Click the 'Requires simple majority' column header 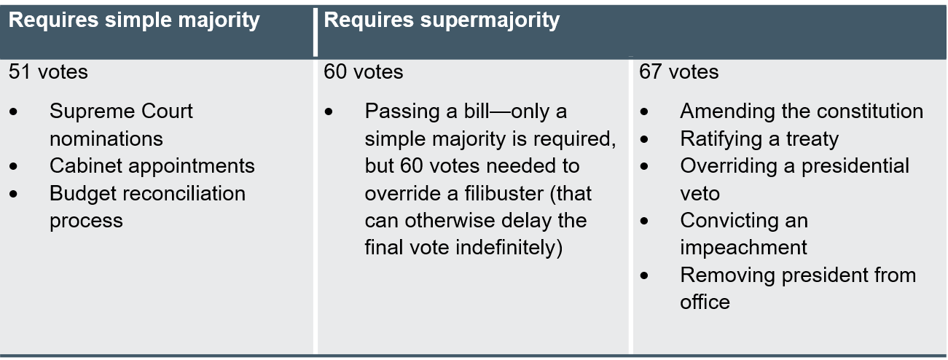click(134, 20)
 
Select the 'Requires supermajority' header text click(442, 20)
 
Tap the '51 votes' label click(48, 71)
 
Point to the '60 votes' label click(363, 71)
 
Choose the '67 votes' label click(679, 71)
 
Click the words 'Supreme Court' click(121, 111)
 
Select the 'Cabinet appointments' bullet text click(152, 166)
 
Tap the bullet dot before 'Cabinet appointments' click(14, 166)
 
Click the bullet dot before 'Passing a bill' click(329, 111)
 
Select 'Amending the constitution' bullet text click(802, 111)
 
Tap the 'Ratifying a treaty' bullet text click(759, 139)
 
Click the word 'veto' click(700, 194)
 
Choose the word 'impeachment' click(743, 248)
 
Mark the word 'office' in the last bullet click(705, 302)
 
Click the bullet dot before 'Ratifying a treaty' click(644, 139)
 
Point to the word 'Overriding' click(729, 166)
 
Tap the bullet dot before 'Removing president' click(644, 275)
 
